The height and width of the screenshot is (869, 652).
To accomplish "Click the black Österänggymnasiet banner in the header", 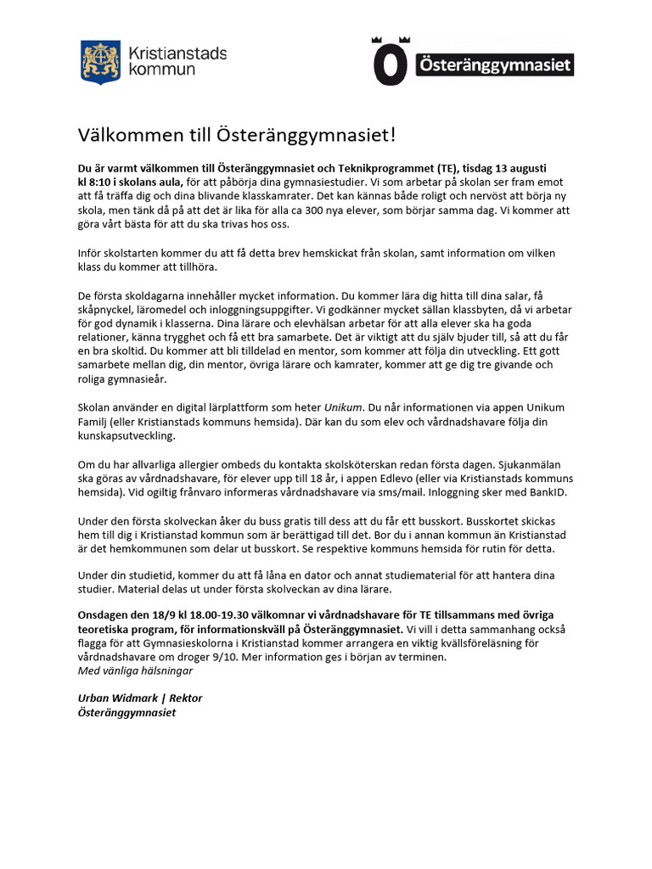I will (494, 65).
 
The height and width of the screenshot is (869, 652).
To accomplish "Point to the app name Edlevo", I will (408, 479).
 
